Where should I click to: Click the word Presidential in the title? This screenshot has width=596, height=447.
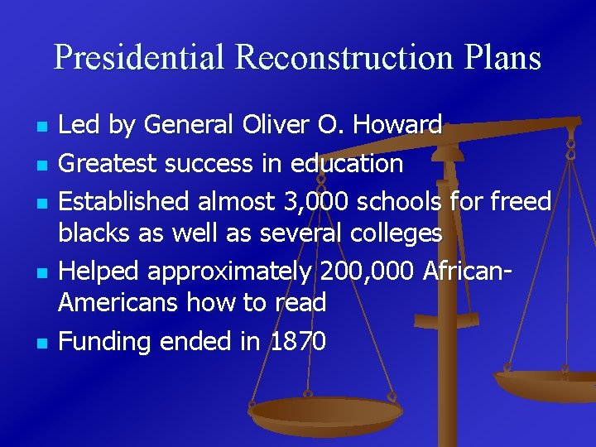pyautogui.click(x=139, y=58)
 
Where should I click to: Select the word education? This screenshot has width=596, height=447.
pyautogui.click(x=346, y=163)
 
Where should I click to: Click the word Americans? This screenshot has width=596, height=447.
pyautogui.click(x=118, y=303)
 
